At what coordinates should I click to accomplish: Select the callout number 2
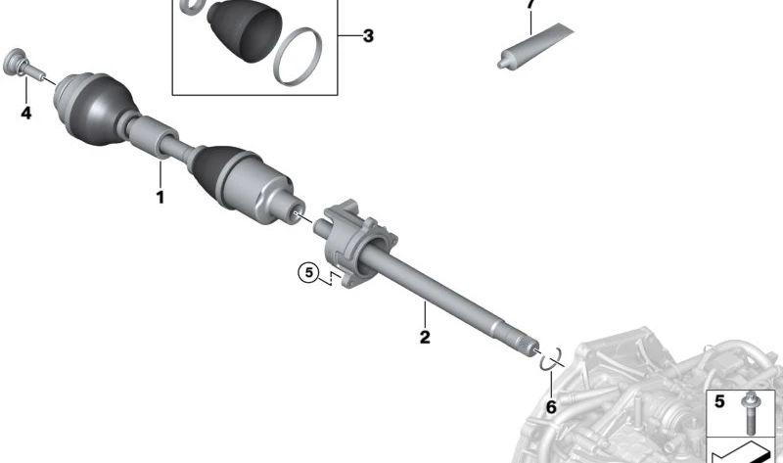pos(425,338)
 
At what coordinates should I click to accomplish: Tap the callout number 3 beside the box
pos(367,37)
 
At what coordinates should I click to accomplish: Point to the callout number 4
pos(26,114)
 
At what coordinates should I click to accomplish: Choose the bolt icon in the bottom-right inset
pos(751,411)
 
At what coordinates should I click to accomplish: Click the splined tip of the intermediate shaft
pos(526,342)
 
